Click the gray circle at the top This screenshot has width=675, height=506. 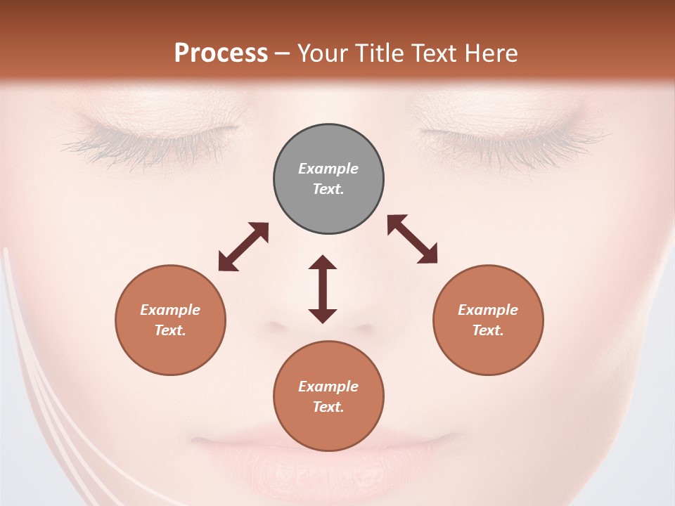pyautogui.click(x=328, y=179)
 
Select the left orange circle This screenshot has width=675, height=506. pyautogui.click(x=170, y=320)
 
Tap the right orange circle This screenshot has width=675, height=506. pyautogui.click(x=488, y=320)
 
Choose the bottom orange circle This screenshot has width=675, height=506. pyautogui.click(x=328, y=396)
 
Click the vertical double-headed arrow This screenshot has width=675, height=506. pyautogui.click(x=323, y=289)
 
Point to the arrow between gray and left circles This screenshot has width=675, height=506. pyautogui.click(x=243, y=247)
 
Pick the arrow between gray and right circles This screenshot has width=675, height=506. pyautogui.click(x=412, y=239)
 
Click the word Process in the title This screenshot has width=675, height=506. pyautogui.click(x=221, y=53)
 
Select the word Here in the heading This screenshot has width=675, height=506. pyautogui.click(x=493, y=53)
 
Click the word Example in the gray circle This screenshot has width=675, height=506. pyautogui.click(x=328, y=169)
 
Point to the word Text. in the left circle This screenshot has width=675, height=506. pyautogui.click(x=170, y=330)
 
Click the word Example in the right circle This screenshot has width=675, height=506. pyautogui.click(x=488, y=310)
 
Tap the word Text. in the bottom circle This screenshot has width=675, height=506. pyautogui.click(x=328, y=407)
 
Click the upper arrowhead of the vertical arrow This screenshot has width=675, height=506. pyautogui.click(x=323, y=263)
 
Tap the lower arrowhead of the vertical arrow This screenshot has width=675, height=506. pyautogui.click(x=323, y=316)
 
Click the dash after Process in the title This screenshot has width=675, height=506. pyautogui.click(x=283, y=53)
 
